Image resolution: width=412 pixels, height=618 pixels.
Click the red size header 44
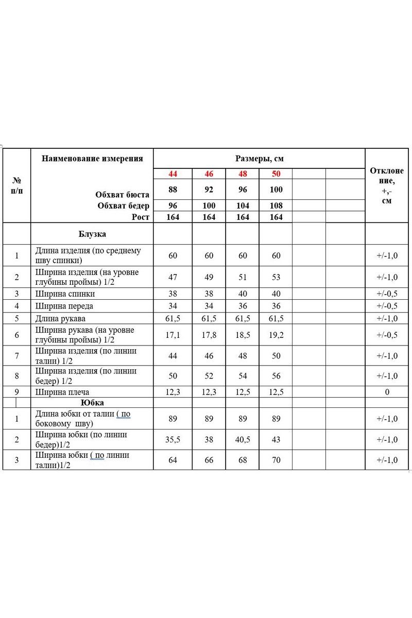[x=173, y=174]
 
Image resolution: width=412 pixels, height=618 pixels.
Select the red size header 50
[x=276, y=174]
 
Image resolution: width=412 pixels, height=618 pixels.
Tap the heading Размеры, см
[x=260, y=159]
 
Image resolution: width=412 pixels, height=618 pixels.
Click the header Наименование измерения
[x=92, y=159]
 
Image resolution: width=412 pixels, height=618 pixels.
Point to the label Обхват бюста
[x=122, y=195]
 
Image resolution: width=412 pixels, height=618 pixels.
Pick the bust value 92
[x=209, y=190]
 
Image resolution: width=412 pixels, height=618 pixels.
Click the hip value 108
[x=276, y=206]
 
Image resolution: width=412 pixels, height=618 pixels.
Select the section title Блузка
[x=92, y=234]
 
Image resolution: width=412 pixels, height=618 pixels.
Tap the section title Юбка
[x=92, y=403]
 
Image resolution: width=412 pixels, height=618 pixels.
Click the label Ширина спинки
[x=65, y=294]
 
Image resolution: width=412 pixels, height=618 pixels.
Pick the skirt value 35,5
[x=173, y=439]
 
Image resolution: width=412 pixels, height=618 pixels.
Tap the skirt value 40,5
[x=243, y=439]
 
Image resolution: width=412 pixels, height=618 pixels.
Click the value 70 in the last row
[x=276, y=460]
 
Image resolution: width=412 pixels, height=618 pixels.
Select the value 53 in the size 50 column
[x=276, y=277]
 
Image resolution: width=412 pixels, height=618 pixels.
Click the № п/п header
[x=16, y=185]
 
